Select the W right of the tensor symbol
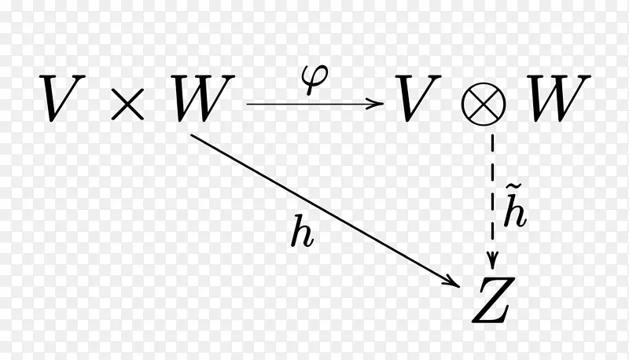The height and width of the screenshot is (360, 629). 559,99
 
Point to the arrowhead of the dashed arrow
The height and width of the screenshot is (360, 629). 493,262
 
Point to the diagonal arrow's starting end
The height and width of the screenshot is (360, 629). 193,135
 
